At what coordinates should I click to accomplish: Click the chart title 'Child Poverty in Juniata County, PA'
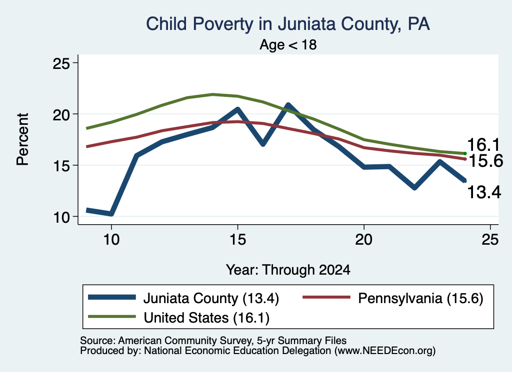point(287,24)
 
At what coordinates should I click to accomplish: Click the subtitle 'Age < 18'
point(288,44)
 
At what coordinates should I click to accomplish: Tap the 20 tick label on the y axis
point(61,114)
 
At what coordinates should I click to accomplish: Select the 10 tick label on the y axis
point(61,217)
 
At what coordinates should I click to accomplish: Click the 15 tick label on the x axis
point(237,240)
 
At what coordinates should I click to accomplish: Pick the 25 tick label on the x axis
point(490,240)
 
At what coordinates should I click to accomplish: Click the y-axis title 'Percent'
point(22,139)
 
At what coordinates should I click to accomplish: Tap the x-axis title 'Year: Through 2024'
point(288,270)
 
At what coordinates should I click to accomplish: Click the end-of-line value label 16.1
point(483,144)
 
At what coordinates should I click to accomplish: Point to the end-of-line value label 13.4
point(484,192)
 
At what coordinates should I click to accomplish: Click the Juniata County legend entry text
point(211,298)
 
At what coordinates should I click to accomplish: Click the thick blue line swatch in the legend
point(112,297)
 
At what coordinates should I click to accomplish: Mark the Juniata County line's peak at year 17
point(288,105)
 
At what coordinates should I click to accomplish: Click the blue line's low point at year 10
point(111,214)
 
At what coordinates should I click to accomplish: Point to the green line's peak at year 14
point(212,94)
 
